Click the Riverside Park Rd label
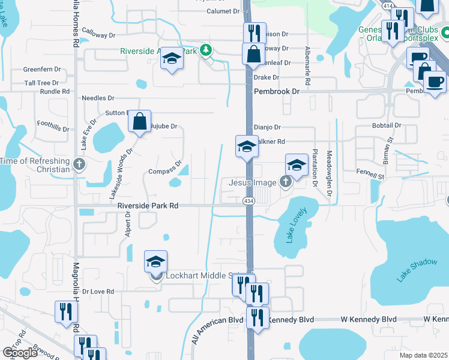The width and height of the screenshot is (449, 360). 148,205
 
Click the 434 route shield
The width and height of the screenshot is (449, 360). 248,201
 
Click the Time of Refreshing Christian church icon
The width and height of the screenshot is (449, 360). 79,164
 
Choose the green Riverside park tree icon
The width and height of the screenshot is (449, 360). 206,49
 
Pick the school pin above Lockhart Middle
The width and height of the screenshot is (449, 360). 155,263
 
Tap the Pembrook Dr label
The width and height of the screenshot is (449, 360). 276,91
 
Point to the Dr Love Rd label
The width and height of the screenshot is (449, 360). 98,292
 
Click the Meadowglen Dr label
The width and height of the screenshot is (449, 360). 329,173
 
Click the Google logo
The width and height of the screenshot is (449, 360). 20,353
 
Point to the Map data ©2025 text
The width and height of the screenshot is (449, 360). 423,355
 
